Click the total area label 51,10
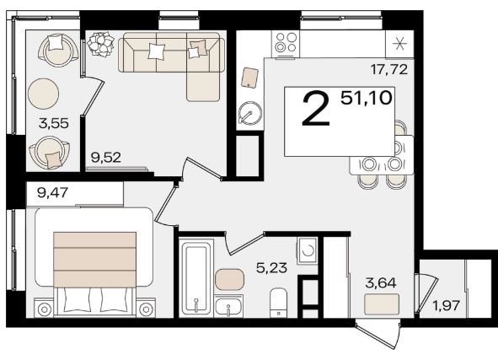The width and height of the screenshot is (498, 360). (367, 98)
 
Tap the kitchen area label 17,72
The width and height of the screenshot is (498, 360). (389, 69)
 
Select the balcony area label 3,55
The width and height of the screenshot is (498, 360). (54, 123)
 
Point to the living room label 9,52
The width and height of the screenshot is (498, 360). (106, 158)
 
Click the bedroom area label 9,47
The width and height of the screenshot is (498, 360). (53, 192)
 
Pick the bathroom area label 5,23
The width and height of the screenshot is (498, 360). (271, 268)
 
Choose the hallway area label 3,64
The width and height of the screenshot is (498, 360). (381, 282)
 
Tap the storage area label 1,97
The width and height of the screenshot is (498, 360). (447, 306)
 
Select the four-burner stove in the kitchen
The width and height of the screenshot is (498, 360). (286, 44)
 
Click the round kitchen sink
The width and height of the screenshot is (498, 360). (250, 113)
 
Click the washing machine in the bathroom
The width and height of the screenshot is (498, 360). (307, 250)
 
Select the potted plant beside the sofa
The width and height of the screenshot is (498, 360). (100, 44)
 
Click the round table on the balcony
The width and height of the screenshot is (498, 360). (44, 94)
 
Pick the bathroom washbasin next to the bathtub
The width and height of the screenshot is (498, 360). (228, 306)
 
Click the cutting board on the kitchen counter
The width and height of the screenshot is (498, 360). (249, 78)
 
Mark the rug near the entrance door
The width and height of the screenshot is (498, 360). (382, 304)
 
